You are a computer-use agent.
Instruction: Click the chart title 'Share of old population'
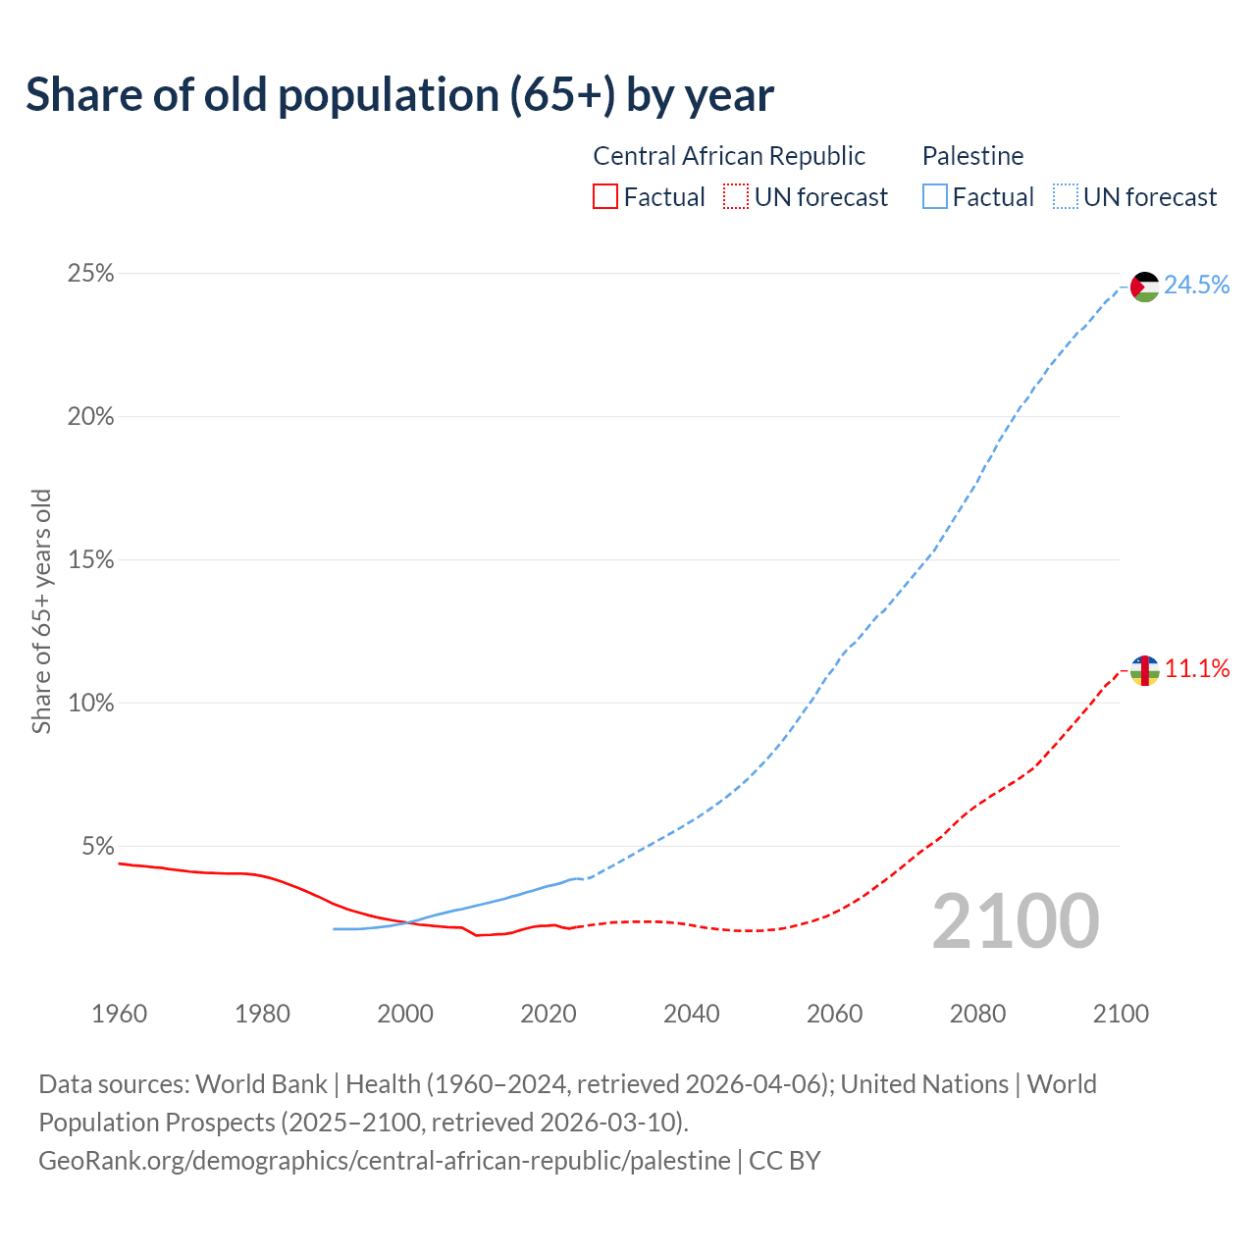[399, 95]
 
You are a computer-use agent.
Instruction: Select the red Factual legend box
[605, 197]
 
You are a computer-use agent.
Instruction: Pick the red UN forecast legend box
[736, 197]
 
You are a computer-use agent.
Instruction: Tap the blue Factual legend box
[935, 197]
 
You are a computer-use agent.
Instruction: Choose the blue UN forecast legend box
[1066, 197]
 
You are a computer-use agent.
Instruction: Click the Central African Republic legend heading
[729, 156]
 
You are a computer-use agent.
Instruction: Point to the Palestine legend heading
[972, 156]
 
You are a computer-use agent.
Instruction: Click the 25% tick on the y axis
[90, 274]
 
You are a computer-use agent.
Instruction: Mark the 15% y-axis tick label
[90, 560]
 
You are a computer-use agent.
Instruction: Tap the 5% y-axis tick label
[97, 847]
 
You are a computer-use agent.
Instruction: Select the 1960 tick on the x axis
[119, 1014]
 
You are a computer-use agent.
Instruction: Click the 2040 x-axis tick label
[692, 1014]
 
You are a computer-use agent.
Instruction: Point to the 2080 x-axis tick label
[977, 1014]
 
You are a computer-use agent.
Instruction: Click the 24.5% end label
[1197, 286]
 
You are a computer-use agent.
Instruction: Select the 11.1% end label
[1197, 669]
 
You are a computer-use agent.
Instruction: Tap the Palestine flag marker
[1145, 287]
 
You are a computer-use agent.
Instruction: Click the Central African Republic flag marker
[1145, 671]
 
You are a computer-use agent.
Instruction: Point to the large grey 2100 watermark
[1016, 921]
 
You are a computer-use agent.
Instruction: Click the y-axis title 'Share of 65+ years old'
[41, 610]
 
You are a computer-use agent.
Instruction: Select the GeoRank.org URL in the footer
[385, 1161]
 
